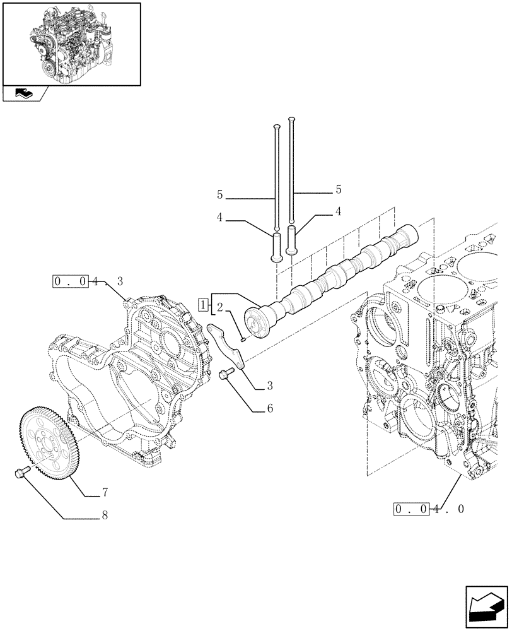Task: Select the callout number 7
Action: tap(105, 492)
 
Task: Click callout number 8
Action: tap(105, 516)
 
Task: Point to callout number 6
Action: tap(269, 408)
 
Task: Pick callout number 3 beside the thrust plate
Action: tap(269, 385)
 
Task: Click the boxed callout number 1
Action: tap(202, 305)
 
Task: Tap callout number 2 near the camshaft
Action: tap(219, 307)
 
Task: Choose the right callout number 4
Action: tap(338, 211)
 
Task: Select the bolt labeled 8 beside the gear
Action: tap(19, 473)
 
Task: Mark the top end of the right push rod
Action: tap(291, 119)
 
